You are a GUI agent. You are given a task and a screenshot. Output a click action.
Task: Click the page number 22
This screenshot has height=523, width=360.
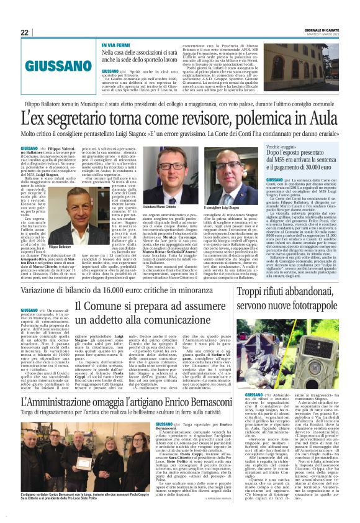[x=24, y=33]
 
